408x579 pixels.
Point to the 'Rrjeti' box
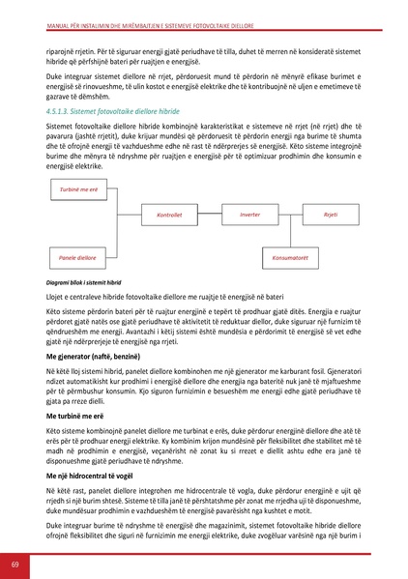[x=330, y=214]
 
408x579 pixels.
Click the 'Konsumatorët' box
[x=290, y=257]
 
